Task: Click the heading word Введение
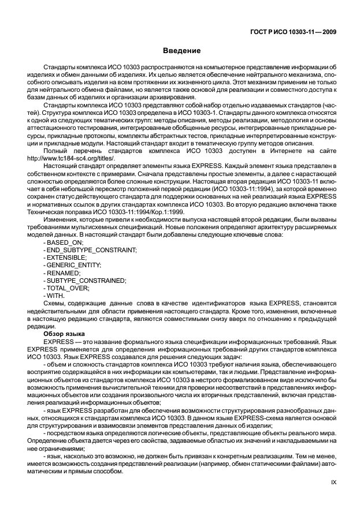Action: click(x=181, y=51)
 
